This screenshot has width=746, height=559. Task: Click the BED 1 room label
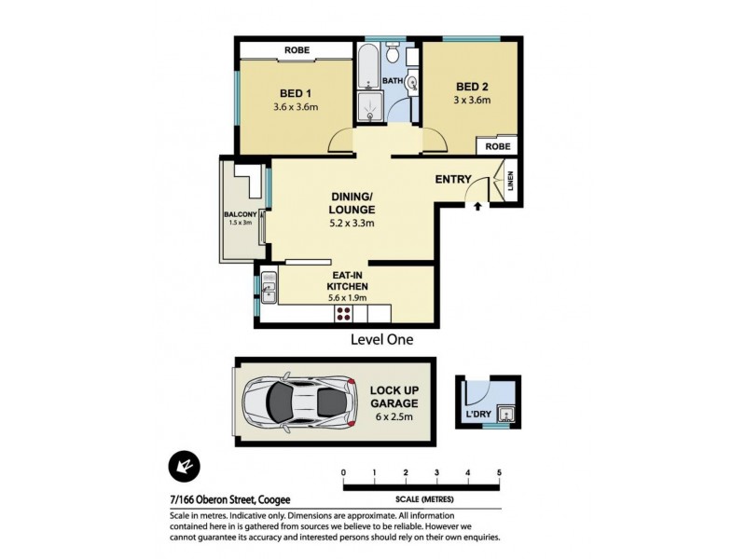point(297,92)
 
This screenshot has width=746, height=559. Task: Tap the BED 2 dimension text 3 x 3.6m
point(470,100)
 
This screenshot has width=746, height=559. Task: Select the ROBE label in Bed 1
point(297,52)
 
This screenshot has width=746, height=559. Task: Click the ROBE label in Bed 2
point(498,146)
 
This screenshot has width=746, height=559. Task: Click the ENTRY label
point(453,179)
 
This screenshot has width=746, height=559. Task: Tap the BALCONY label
point(240,215)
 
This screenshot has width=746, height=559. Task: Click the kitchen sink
point(268,286)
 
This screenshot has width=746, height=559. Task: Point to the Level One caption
point(380,340)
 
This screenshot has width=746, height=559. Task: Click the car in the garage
point(299,402)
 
